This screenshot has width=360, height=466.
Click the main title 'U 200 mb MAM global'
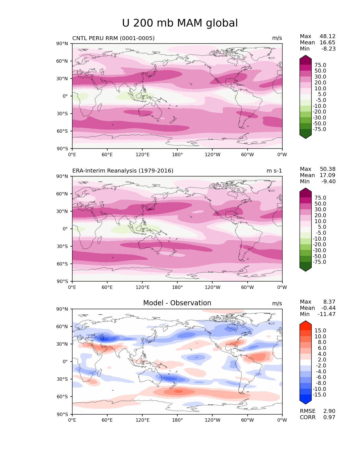tap(180, 23)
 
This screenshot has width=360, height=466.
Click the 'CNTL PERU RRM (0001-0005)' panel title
tap(113, 38)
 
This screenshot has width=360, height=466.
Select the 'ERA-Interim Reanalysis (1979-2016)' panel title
tap(123, 171)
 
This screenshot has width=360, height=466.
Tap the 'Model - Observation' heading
tap(177, 303)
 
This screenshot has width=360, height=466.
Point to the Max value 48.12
tap(328, 36)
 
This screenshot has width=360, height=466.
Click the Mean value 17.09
tap(328, 175)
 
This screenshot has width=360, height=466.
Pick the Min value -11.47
tap(327, 314)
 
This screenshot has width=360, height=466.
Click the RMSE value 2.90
tap(329, 411)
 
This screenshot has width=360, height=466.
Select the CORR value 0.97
tap(329, 417)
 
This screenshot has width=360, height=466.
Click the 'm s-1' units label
tap(274, 171)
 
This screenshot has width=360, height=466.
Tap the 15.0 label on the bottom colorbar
tap(320, 330)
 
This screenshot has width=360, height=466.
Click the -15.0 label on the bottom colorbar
tap(319, 395)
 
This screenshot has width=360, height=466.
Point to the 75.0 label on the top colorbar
tap(320, 65)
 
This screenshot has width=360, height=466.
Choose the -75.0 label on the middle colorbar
tap(319, 262)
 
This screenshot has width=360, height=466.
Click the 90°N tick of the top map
tap(62, 43)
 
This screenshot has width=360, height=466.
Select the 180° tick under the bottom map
tap(177, 420)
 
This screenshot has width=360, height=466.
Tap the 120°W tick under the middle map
tap(213, 287)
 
